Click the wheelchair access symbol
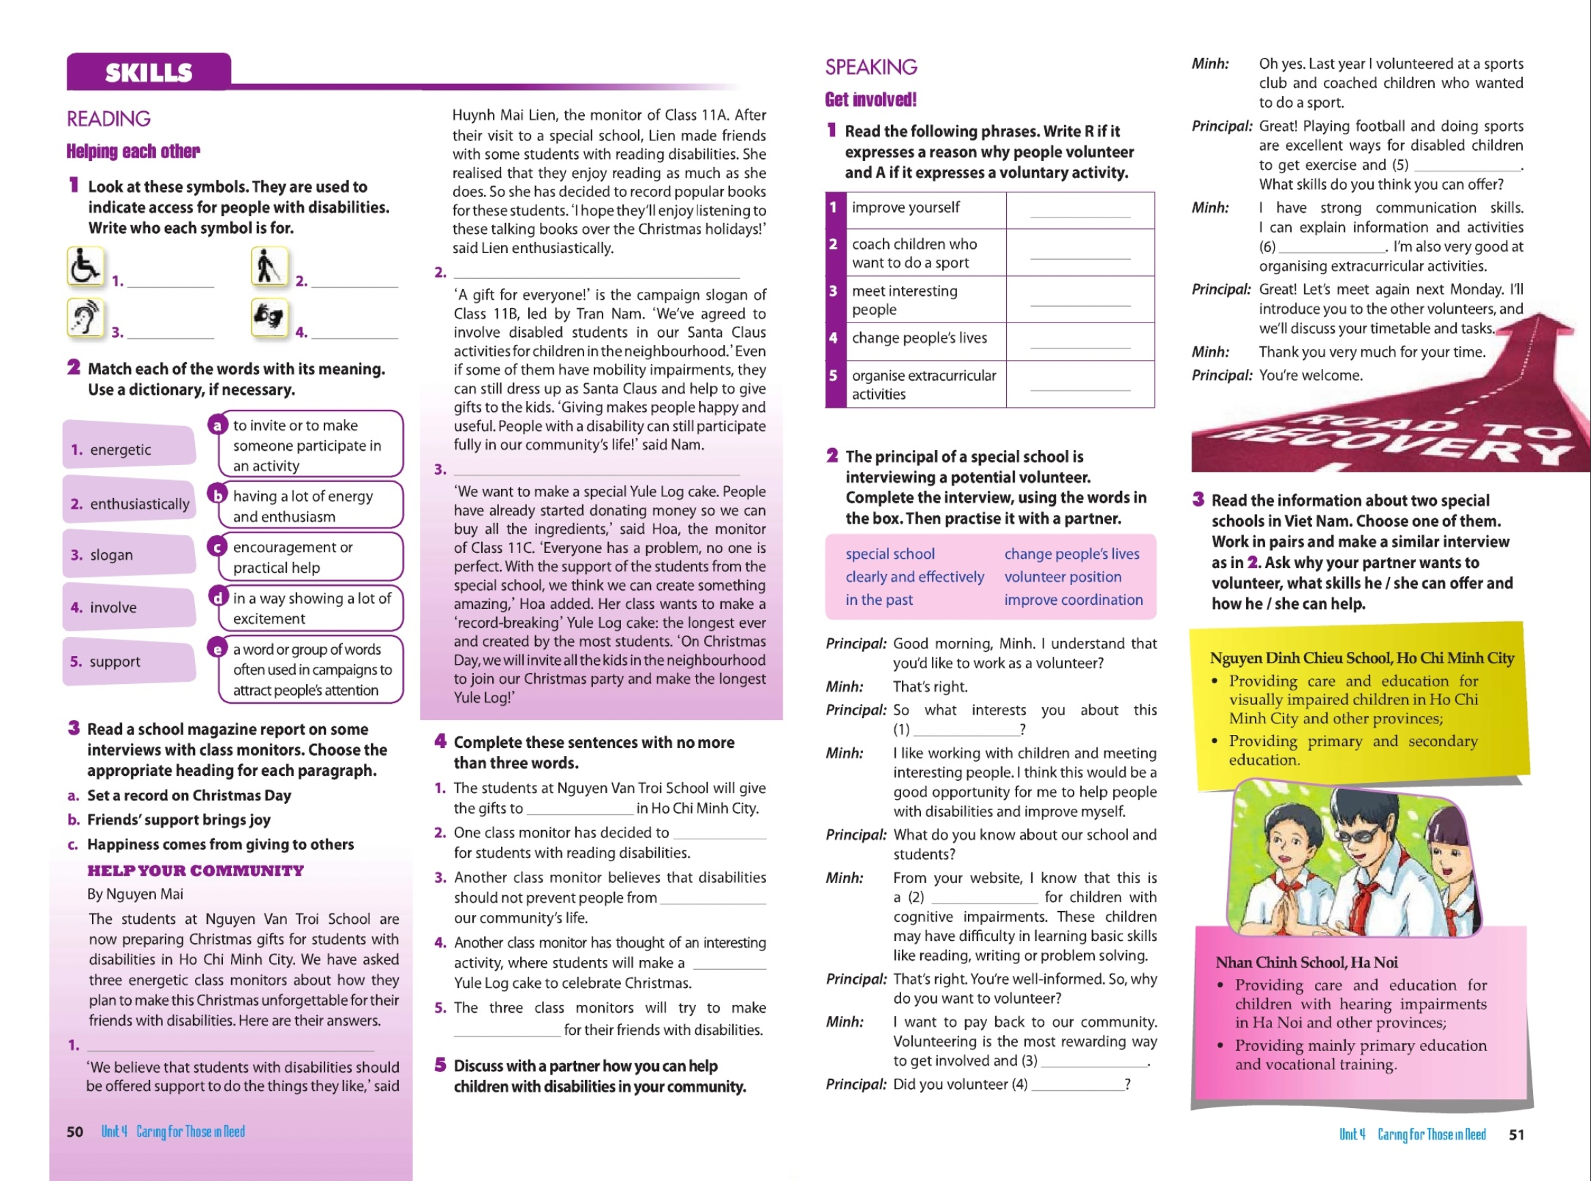coord(85,267)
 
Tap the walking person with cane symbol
coord(269,267)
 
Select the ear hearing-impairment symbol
coord(85,318)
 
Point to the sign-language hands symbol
coord(269,318)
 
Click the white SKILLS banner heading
coord(149,72)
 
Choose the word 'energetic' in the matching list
coord(120,449)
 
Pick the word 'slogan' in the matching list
coord(111,555)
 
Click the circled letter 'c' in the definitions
coord(217,547)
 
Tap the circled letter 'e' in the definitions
coord(217,648)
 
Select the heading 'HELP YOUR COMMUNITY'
coord(195,871)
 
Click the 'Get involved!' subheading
coord(870,100)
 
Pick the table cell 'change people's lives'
coord(919,338)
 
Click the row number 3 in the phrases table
coord(834,291)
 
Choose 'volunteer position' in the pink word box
coord(1062,577)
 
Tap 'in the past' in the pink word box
coord(879,600)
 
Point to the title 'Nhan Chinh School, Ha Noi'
coord(1306,962)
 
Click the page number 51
coord(1516,1135)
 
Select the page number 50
coord(75,1132)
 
